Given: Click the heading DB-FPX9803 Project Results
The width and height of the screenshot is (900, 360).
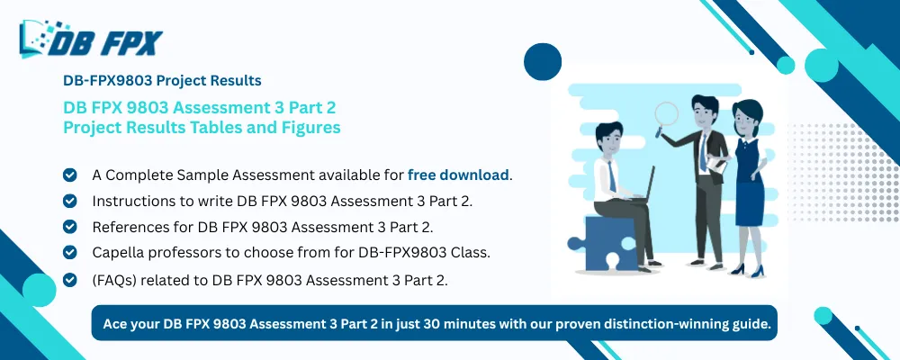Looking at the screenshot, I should pyautogui.click(x=162, y=80).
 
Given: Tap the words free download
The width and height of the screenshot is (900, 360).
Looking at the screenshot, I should pyautogui.click(x=459, y=175).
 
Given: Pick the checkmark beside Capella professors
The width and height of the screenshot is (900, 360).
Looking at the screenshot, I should pyautogui.click(x=69, y=253).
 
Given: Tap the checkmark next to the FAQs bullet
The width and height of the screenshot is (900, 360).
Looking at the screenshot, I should pyautogui.click(x=69, y=280).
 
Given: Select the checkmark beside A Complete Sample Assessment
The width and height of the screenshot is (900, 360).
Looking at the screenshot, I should pyautogui.click(x=69, y=175).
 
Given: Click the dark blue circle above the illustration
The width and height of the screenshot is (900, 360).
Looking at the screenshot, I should pyautogui.click(x=543, y=61).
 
